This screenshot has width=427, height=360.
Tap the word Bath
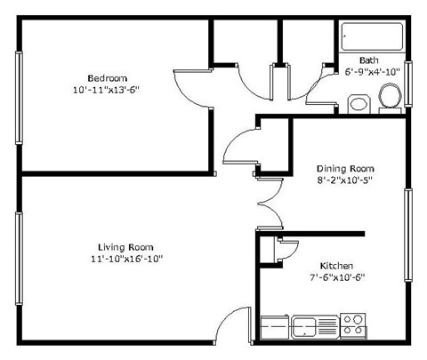pos(368,61)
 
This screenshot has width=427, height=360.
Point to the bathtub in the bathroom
pos(371,37)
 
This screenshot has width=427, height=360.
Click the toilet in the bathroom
pos(390,95)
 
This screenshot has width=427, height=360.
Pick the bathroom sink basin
pos(358,104)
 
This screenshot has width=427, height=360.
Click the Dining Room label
pos(346,168)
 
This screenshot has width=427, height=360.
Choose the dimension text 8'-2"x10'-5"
pos(346,181)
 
